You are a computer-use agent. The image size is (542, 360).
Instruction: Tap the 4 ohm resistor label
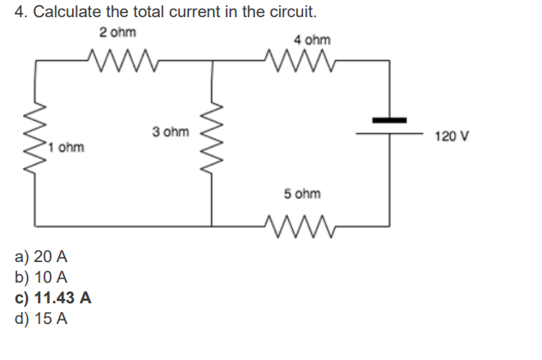311,40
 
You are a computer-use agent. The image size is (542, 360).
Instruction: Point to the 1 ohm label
66,147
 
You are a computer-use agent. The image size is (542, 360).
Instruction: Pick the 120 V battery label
452,137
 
